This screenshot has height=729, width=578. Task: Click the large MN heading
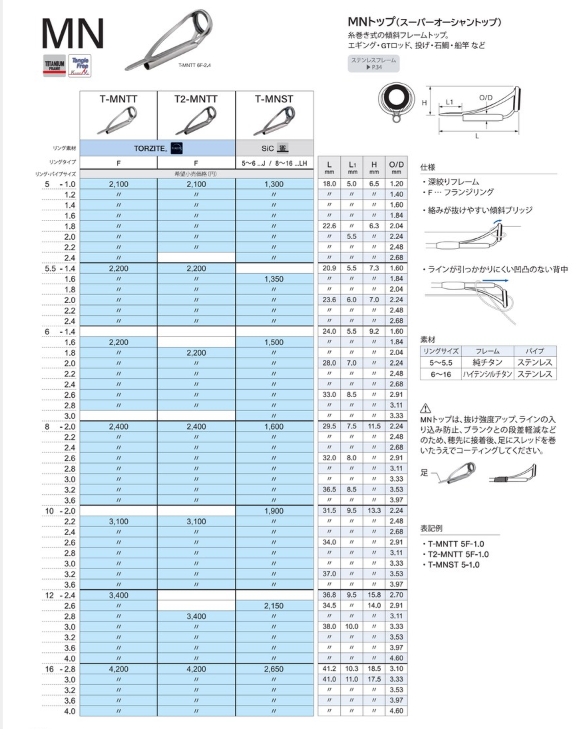(x=72, y=34)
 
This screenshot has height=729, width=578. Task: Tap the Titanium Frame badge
(x=54, y=65)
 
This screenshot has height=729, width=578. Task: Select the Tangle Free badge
(x=80, y=66)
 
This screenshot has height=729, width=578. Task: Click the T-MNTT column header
(x=118, y=99)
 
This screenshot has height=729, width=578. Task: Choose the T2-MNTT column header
(x=196, y=99)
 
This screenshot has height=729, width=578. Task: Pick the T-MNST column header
(x=274, y=99)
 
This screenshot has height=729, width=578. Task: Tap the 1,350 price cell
(x=274, y=279)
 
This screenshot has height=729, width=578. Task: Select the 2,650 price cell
(x=274, y=669)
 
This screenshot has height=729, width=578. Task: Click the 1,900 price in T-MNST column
(x=274, y=511)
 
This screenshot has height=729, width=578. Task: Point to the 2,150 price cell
(x=274, y=606)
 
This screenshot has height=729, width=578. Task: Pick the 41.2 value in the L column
(x=329, y=669)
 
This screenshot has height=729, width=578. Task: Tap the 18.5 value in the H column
(x=374, y=669)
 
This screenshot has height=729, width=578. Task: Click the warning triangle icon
(x=426, y=409)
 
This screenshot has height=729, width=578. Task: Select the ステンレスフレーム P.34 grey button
(x=374, y=64)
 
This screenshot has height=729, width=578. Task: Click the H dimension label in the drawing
(x=424, y=103)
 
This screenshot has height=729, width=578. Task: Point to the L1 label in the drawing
(x=450, y=102)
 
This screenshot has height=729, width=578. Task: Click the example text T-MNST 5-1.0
(x=454, y=565)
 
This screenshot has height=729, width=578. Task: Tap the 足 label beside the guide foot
(x=424, y=473)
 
